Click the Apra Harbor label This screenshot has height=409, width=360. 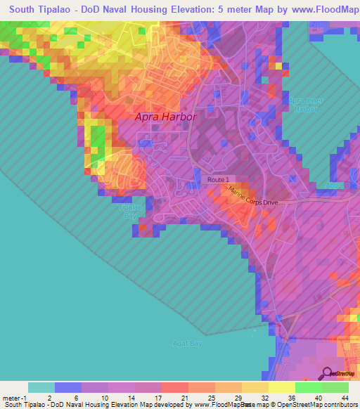click(x=167, y=117)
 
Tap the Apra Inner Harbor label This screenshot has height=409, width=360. click(x=306, y=105)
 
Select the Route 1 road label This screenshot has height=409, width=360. click(x=218, y=181)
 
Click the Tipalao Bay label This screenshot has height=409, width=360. click(x=128, y=212)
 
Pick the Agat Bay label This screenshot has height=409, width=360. click(x=187, y=343)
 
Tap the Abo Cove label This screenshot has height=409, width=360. click(x=340, y=185)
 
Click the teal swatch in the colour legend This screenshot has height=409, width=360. click(x=41, y=387)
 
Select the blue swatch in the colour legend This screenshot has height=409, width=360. click(x=67, y=387)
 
